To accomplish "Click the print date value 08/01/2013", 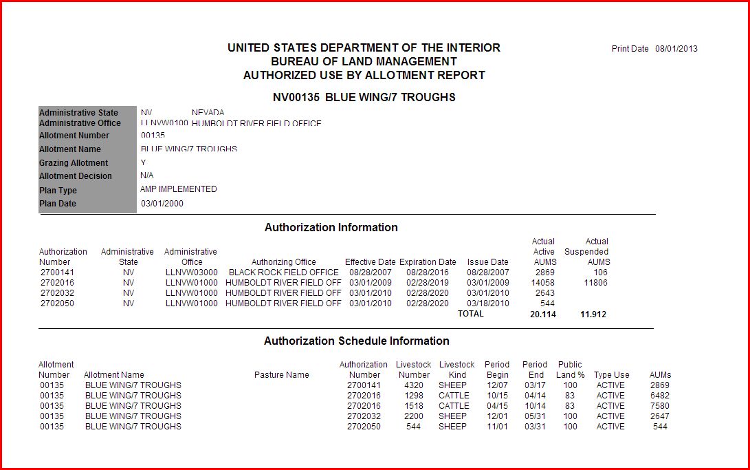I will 676,49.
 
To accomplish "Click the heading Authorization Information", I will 331,227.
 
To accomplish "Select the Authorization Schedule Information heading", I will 356,341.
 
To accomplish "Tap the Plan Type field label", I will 58,190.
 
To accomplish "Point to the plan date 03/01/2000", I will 162,204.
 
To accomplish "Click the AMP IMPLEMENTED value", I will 179,189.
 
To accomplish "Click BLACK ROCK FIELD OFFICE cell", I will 283,273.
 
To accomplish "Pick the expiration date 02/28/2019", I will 428,283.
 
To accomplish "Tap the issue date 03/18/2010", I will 488,303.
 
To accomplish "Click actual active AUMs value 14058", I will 543,283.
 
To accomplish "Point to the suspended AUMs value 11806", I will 595,283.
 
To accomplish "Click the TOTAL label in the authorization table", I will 471,314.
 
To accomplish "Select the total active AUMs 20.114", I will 543,314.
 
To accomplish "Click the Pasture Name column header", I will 282,375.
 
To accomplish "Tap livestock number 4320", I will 414,385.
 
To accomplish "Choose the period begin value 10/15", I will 497,396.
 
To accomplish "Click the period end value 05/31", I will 534,416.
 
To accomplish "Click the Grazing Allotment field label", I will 74,163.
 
